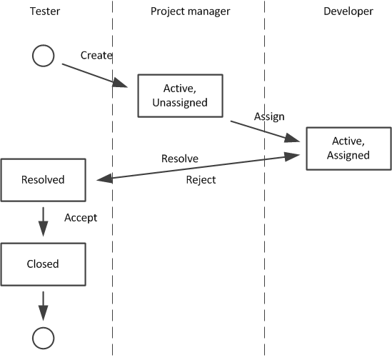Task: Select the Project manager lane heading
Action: point(190,11)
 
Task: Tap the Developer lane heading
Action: point(348,11)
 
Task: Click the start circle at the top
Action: point(44,56)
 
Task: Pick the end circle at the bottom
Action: point(44,336)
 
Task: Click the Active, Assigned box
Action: point(349,148)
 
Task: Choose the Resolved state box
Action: point(43,180)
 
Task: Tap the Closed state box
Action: point(43,264)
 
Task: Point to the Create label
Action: point(96,55)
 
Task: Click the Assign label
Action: point(269,116)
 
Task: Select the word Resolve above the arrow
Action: point(179,158)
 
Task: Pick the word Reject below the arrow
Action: point(201,180)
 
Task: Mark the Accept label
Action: point(80,217)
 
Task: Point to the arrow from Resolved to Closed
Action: point(43,221)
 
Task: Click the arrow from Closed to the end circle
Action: point(43,305)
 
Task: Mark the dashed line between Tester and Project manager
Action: point(113,214)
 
